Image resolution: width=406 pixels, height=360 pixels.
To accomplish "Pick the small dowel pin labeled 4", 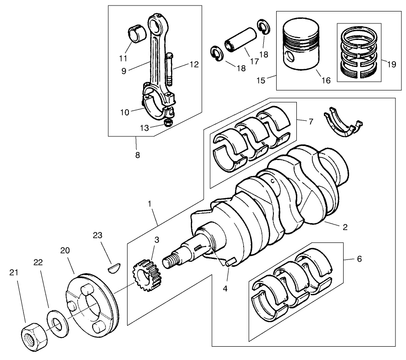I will click(230, 262).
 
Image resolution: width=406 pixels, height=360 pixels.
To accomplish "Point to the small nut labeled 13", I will click(168, 123).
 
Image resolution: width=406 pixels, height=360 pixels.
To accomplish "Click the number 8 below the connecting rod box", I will click(138, 155).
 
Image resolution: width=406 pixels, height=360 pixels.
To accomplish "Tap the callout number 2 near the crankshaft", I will click(345, 227).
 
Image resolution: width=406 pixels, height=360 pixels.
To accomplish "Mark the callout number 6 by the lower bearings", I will click(359, 259).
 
